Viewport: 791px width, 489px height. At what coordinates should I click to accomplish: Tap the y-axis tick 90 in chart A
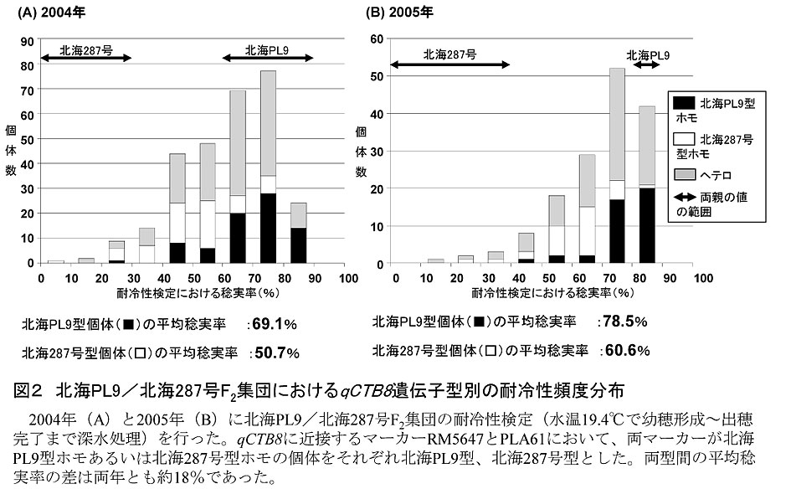[28, 41]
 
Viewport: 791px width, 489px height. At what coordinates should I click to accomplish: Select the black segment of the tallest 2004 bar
[268, 228]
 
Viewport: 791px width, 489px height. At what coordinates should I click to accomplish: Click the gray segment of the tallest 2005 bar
[618, 124]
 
